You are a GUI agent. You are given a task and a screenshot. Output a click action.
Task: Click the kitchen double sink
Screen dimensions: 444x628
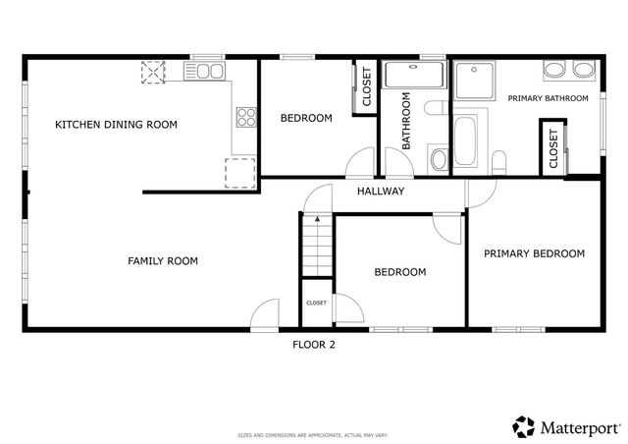pos(209,71)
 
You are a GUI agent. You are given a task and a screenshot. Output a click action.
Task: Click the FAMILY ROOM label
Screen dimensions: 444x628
pos(163,261)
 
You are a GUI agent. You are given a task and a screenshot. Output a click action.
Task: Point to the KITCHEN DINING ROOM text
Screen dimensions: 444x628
pos(116,125)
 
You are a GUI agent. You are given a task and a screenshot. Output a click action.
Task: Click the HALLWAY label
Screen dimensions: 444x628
pos(380,192)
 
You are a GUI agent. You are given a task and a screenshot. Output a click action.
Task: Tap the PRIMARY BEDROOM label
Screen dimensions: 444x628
pos(534,253)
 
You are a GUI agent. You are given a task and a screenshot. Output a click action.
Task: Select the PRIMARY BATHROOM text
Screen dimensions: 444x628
pos(548,98)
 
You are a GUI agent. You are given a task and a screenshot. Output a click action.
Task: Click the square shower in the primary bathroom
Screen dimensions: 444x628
pos(476,80)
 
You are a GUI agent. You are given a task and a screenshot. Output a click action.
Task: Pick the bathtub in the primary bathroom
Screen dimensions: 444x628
pos(468,141)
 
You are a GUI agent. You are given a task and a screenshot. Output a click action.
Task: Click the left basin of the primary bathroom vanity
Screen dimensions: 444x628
pos(553,70)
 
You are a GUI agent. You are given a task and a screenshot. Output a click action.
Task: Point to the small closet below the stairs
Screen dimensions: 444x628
pos(316,304)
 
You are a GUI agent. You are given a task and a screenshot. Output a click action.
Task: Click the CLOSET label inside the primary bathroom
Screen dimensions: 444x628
pos(553,150)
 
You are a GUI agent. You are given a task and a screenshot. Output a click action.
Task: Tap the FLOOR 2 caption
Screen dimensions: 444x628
pos(314,344)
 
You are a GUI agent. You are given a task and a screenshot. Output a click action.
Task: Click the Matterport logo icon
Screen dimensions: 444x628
pos(524,426)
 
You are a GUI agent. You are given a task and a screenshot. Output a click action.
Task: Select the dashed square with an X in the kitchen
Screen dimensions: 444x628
pos(154,74)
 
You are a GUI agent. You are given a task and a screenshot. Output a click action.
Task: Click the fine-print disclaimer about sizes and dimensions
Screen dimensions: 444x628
pos(314,433)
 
